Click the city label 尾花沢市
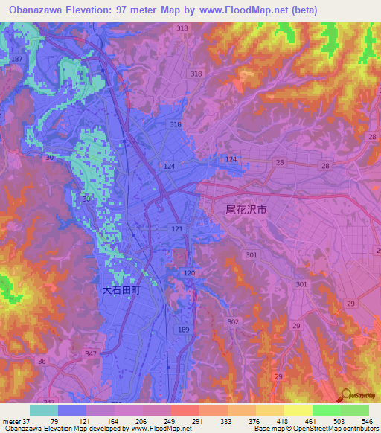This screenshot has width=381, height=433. pyautogui.click(x=246, y=211)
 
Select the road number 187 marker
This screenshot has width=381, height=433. pyautogui.click(x=17, y=59)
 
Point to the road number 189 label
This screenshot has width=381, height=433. pyautogui.click(x=183, y=329)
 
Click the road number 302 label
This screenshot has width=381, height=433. pyautogui.click(x=233, y=321)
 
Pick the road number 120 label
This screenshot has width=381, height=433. pyautogui.click(x=189, y=274)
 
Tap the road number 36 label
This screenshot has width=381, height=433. pyautogui.click(x=42, y=362)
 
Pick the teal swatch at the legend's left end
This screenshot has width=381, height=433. pyautogui.click(x=44, y=410)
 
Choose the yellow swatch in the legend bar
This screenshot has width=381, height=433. pyautogui.click(x=298, y=410)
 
